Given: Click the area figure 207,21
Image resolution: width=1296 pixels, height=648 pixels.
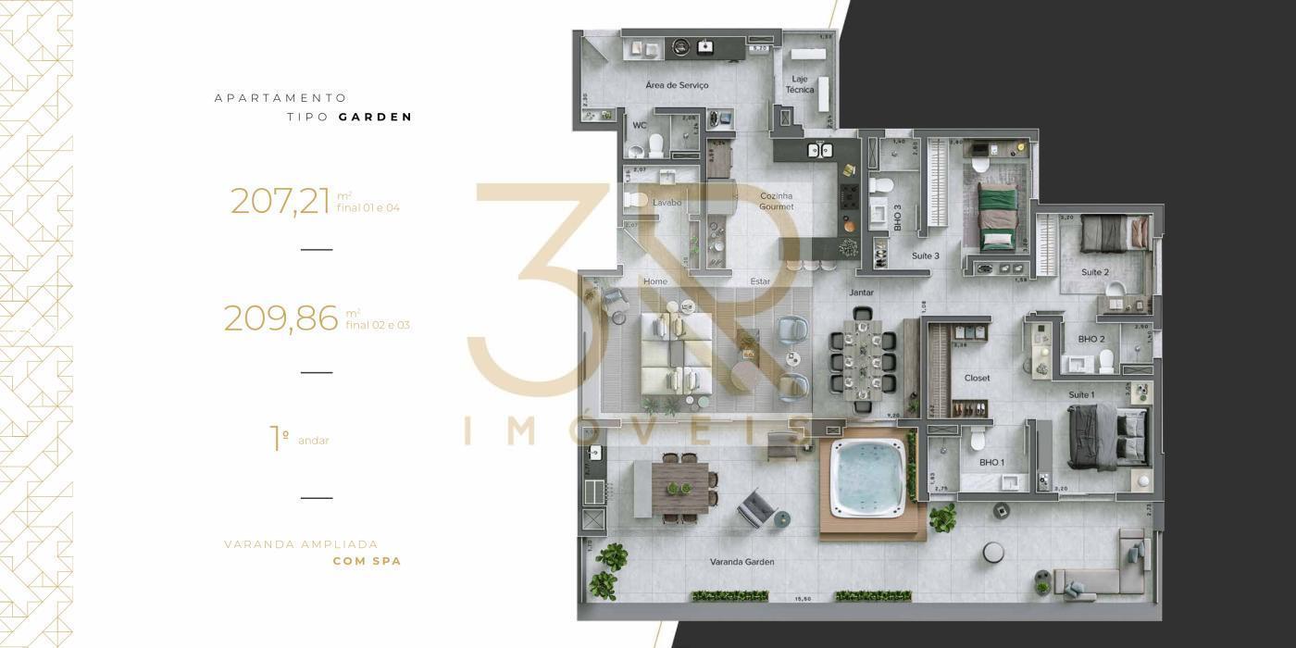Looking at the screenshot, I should coord(280,201).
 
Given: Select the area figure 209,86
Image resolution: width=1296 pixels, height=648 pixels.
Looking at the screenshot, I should coord(280,318).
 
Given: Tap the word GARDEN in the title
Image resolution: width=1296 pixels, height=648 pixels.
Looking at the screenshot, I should coord(375,118).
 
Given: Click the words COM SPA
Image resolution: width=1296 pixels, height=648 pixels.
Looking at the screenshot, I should coord(367,561).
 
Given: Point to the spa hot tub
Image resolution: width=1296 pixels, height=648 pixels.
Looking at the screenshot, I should coord(867,476).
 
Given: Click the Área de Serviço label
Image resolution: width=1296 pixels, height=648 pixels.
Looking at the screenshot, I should coord(677,85).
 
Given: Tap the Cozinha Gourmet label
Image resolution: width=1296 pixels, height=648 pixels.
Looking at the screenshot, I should coord(777,201).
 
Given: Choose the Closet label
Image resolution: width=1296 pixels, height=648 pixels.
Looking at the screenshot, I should coord(977,378).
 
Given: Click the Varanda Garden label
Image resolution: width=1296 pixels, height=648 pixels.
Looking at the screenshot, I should coord(741,562).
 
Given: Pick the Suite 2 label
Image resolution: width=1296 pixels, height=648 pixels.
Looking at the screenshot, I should coord(1095,272).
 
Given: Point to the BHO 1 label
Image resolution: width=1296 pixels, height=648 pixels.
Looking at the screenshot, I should coord(991,462).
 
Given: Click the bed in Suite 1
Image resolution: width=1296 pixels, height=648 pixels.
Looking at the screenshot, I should coord(1108,435).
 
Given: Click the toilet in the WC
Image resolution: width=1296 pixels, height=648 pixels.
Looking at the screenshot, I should coord(656,144).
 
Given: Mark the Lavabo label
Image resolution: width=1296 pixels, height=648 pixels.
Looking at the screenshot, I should coord(667,203).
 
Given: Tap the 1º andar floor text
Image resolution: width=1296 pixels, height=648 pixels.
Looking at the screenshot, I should coord(300,439).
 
